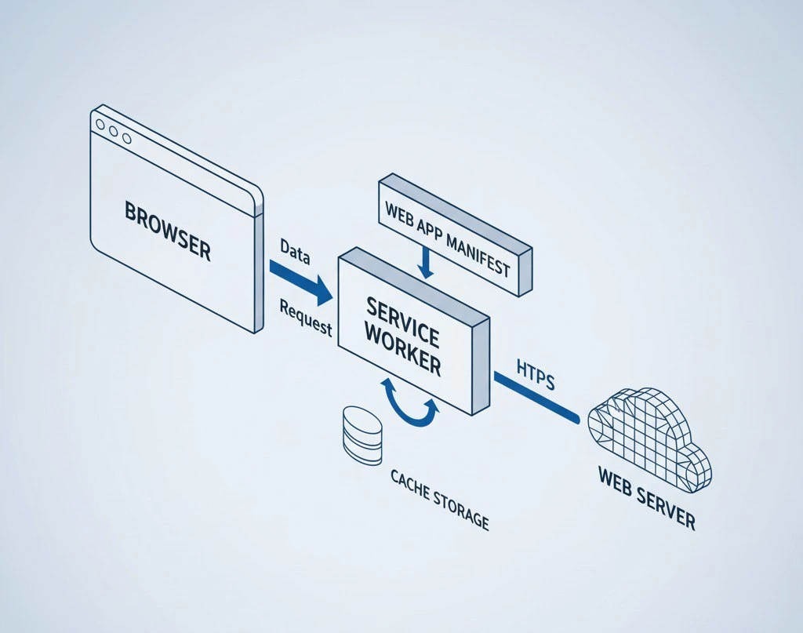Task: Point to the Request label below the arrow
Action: (306, 318)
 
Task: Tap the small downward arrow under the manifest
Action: (424, 263)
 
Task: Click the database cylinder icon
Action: (362, 435)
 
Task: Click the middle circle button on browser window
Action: (112, 131)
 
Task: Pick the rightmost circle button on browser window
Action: (125, 136)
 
